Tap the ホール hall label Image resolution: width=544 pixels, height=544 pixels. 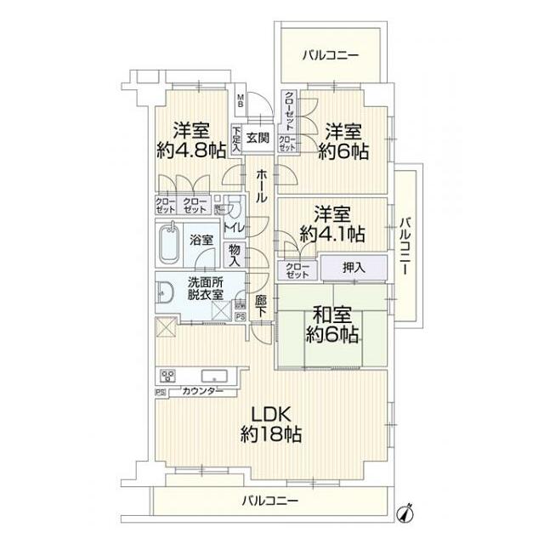tap(261, 184)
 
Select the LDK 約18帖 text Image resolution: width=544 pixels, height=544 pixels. tap(270, 424)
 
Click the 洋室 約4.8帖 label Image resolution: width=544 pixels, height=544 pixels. tap(191, 141)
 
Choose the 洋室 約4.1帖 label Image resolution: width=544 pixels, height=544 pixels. tap(331, 223)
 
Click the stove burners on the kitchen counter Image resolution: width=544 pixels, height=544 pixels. tap(167, 375)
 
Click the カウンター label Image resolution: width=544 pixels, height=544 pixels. tap(202, 391)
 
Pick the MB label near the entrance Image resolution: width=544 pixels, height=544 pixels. tap(241, 100)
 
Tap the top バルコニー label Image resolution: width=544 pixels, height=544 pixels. tap(331, 56)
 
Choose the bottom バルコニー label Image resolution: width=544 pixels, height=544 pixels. tap(269, 501)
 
